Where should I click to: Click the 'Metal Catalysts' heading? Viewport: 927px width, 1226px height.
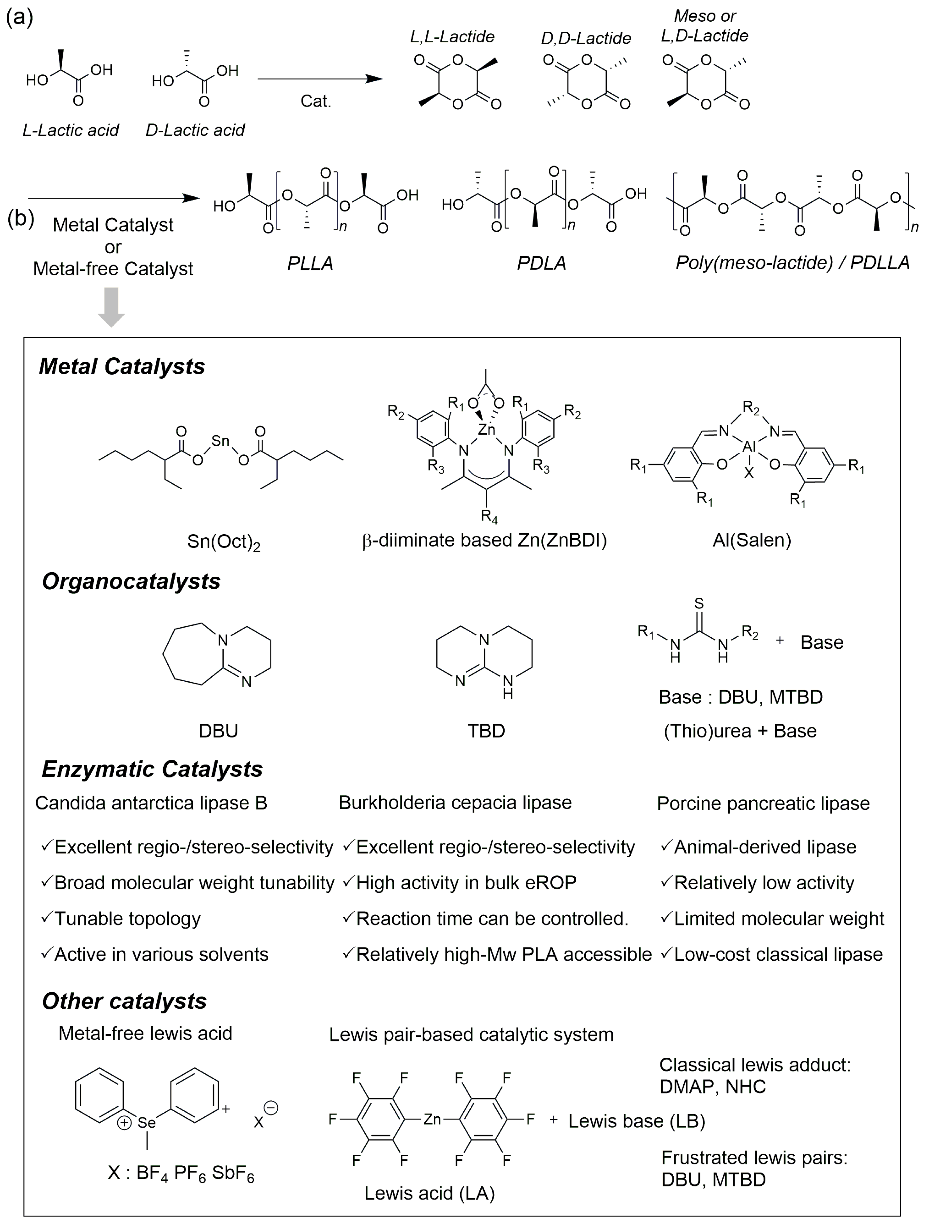click(122, 366)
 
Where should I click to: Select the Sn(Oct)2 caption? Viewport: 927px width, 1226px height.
click(223, 542)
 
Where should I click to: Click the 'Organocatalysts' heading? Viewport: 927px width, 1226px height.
click(131, 581)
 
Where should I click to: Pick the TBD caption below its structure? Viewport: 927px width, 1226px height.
click(486, 730)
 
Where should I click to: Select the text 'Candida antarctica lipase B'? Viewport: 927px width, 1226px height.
click(151, 803)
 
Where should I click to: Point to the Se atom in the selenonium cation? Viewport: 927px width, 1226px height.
click(147, 1122)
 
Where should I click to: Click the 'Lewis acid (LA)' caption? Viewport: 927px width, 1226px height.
click(429, 1193)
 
